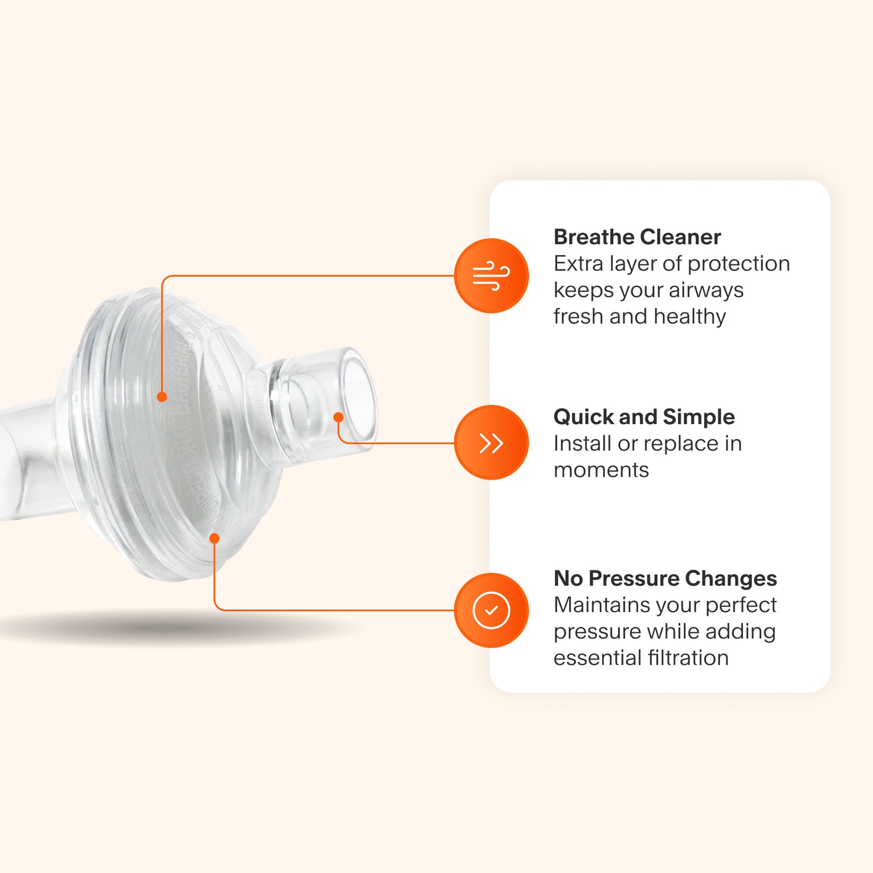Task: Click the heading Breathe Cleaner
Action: (x=637, y=237)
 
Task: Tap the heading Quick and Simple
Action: (x=644, y=417)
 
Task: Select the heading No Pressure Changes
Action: (x=665, y=578)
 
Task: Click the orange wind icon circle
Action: (x=491, y=276)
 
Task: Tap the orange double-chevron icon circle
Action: (x=491, y=442)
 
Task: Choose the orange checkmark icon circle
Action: (x=491, y=610)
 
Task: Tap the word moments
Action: (x=601, y=470)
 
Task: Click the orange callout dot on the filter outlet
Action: (x=338, y=417)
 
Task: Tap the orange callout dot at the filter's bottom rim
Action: (x=215, y=538)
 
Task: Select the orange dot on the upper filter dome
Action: (x=161, y=397)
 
